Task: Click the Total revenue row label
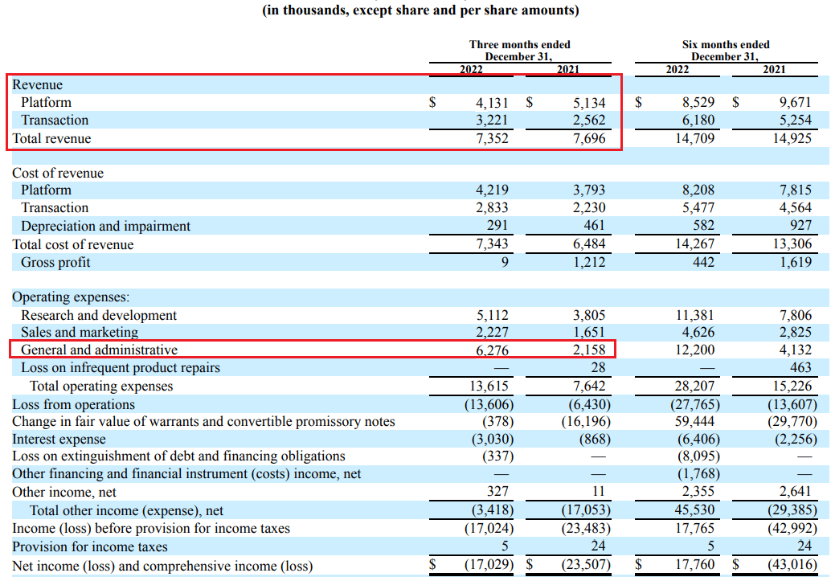[x=51, y=138]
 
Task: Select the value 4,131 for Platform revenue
[x=492, y=103]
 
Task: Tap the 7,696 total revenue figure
[x=589, y=138]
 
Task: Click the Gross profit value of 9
[x=504, y=262]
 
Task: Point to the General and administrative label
[x=99, y=350]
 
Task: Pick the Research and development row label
[x=99, y=315]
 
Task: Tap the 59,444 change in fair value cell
[x=695, y=422]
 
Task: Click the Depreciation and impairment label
[x=105, y=226]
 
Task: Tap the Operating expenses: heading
[x=70, y=297]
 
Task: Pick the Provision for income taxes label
[x=90, y=546]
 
